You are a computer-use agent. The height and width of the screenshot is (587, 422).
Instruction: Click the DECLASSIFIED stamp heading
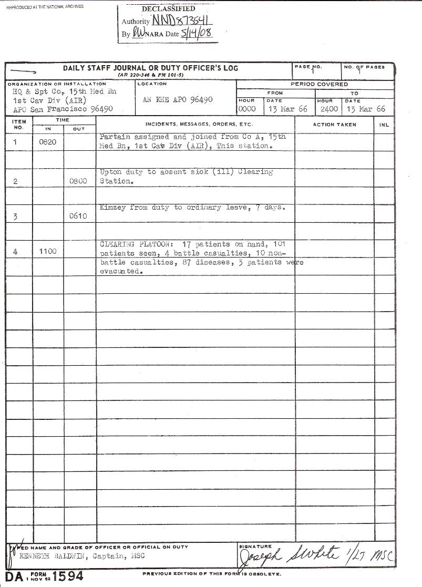(x=168, y=9)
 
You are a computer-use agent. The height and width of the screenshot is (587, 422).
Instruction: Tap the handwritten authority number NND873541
(x=182, y=20)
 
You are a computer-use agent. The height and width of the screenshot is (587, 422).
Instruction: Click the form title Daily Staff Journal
(x=150, y=68)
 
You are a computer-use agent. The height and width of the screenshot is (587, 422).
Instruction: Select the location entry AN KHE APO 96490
(x=178, y=100)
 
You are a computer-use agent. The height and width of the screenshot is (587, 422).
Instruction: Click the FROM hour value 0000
(x=247, y=109)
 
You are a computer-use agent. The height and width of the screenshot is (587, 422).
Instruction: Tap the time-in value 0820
(x=48, y=142)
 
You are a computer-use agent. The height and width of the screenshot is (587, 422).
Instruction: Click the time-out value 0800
(x=78, y=181)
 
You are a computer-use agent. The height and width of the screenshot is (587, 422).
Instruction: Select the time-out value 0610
(x=78, y=217)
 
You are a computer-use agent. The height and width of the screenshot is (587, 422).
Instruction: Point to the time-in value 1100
(x=48, y=252)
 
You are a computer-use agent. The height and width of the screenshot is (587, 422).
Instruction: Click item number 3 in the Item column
(x=16, y=217)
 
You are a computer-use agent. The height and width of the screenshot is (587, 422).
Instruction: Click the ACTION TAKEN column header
(x=334, y=125)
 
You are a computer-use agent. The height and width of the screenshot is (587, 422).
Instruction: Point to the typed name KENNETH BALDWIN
(x=50, y=556)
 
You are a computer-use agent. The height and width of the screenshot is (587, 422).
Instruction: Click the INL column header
(x=384, y=125)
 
